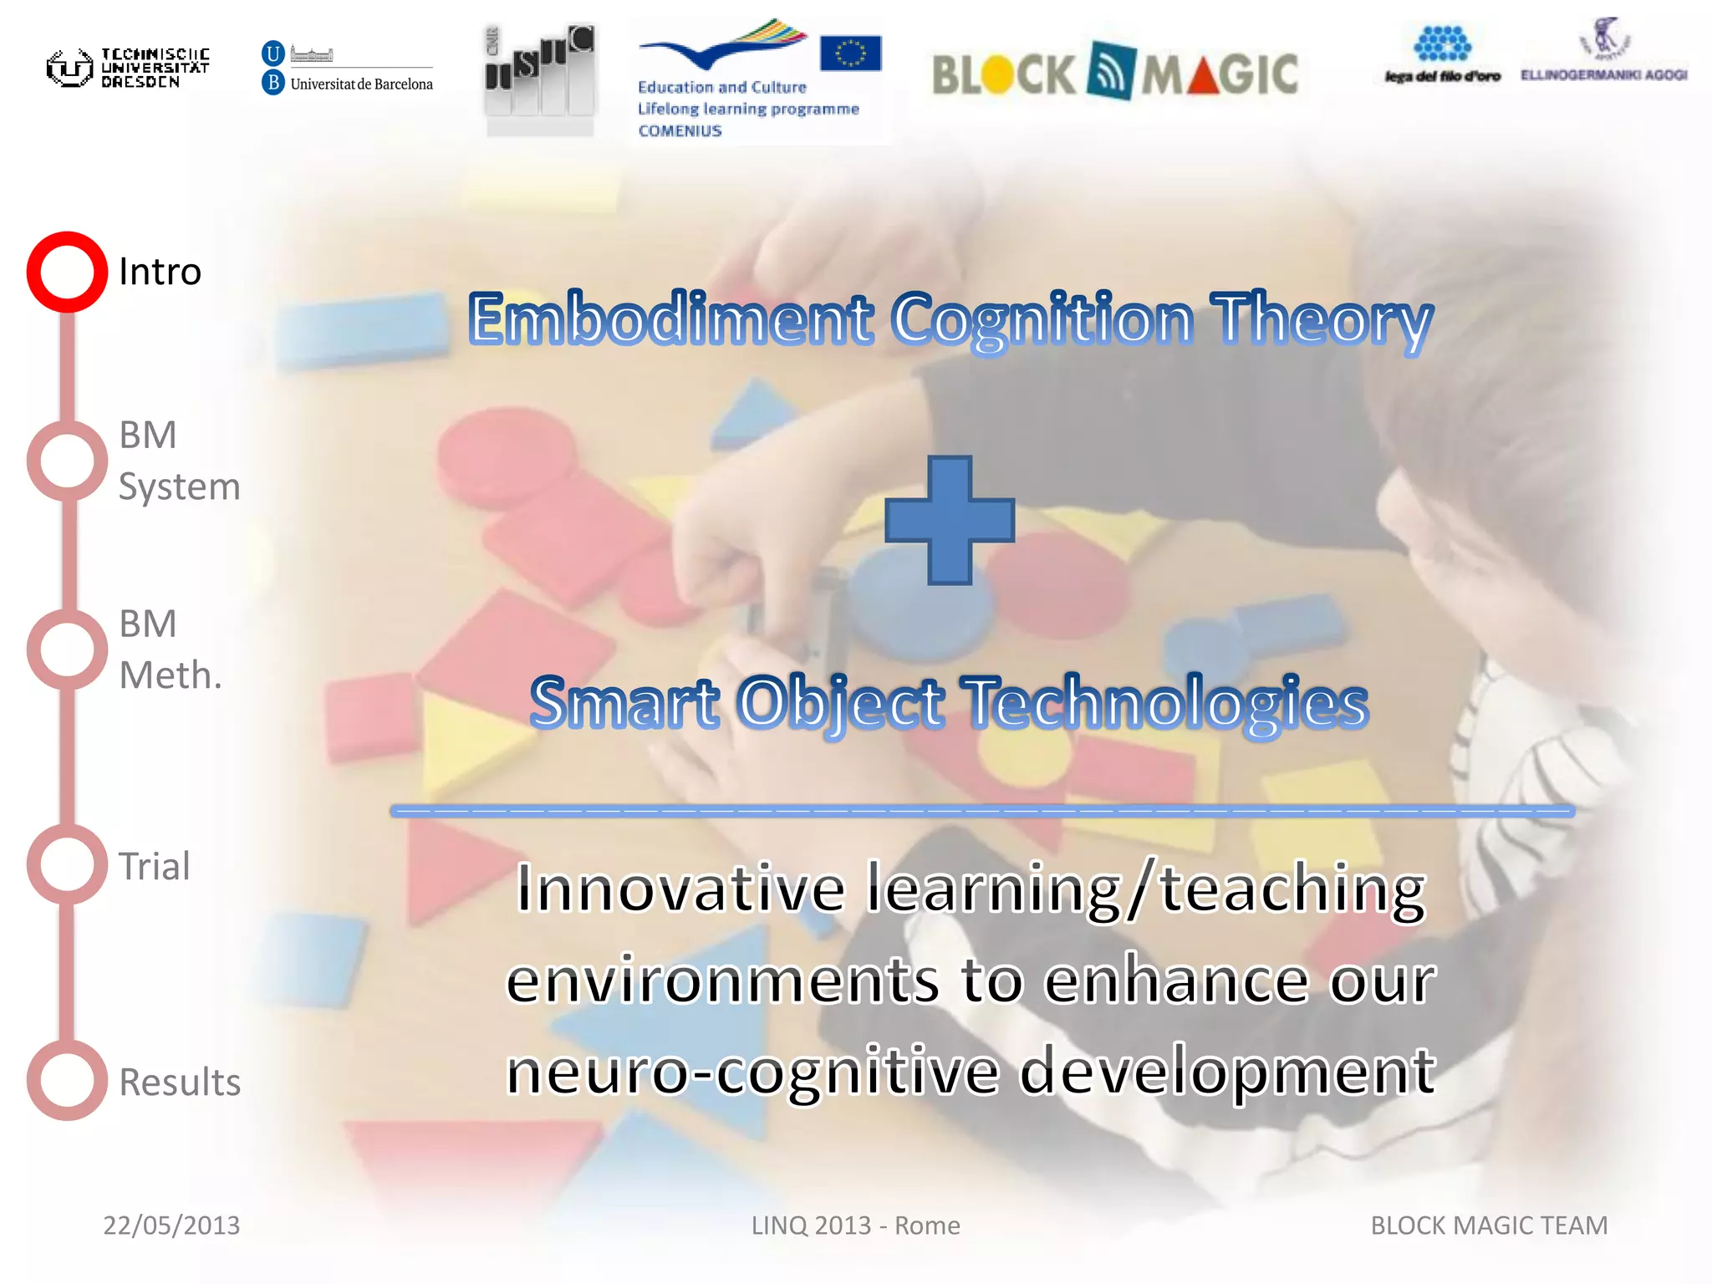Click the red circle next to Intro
point(67,272)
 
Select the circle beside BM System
point(67,461)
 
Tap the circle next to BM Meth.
point(67,650)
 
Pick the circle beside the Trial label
point(67,864)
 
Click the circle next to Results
point(67,1080)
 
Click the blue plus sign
point(950,520)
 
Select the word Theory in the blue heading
point(1322,321)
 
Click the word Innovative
point(681,889)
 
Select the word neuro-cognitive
point(752,1073)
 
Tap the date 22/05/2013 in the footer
point(171,1225)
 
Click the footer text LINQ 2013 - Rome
point(855,1225)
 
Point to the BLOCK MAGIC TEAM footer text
point(1489,1225)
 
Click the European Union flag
point(850,53)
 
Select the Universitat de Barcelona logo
point(348,68)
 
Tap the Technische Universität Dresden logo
point(128,68)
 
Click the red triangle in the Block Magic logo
point(1198,76)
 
